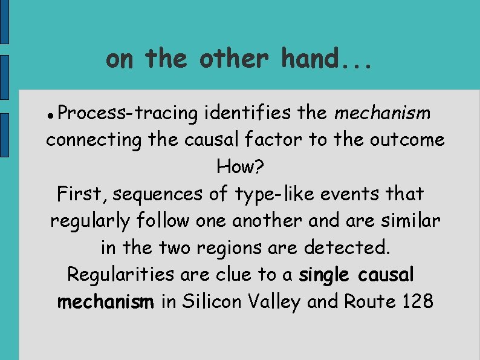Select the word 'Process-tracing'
tap(129, 113)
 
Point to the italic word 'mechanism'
tap(382, 113)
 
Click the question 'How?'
tap(239, 167)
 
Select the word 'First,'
tap(82, 194)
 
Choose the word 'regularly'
tap(90, 221)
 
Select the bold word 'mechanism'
tap(106, 301)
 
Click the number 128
tap(417, 301)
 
